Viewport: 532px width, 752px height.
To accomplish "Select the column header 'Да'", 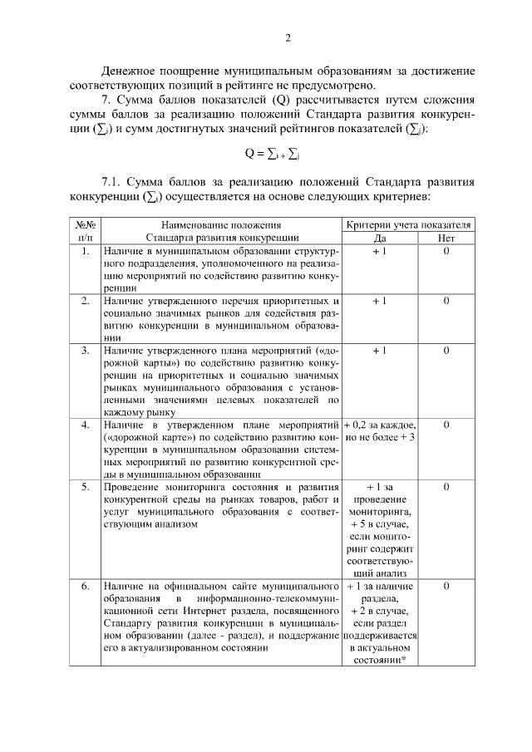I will (379, 237).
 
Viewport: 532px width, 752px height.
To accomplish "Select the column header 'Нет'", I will (446, 237).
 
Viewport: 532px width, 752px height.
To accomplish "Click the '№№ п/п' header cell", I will (85, 230).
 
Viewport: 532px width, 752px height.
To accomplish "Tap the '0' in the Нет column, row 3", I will (446, 351).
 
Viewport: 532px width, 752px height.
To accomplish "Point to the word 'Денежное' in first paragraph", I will (133, 70).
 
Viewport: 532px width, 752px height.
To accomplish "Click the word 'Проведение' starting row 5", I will (132, 487).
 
